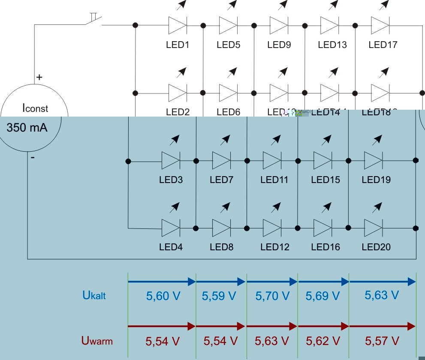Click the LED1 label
coord(178,45)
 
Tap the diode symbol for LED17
coord(380,25)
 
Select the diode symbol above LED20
coord(373,228)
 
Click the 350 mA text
coord(27,127)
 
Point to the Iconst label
coord(35,108)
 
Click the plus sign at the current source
coord(39,77)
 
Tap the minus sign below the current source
coord(33,158)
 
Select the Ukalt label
coord(94,295)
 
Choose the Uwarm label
coord(97,341)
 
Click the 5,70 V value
coord(272,296)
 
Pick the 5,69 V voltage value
coord(323,296)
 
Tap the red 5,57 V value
coord(382,341)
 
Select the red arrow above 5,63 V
coord(272,327)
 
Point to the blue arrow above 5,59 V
coord(221,282)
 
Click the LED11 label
coord(274,180)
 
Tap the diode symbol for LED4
coord(171,228)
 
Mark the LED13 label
coord(332,45)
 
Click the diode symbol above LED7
coord(221,161)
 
